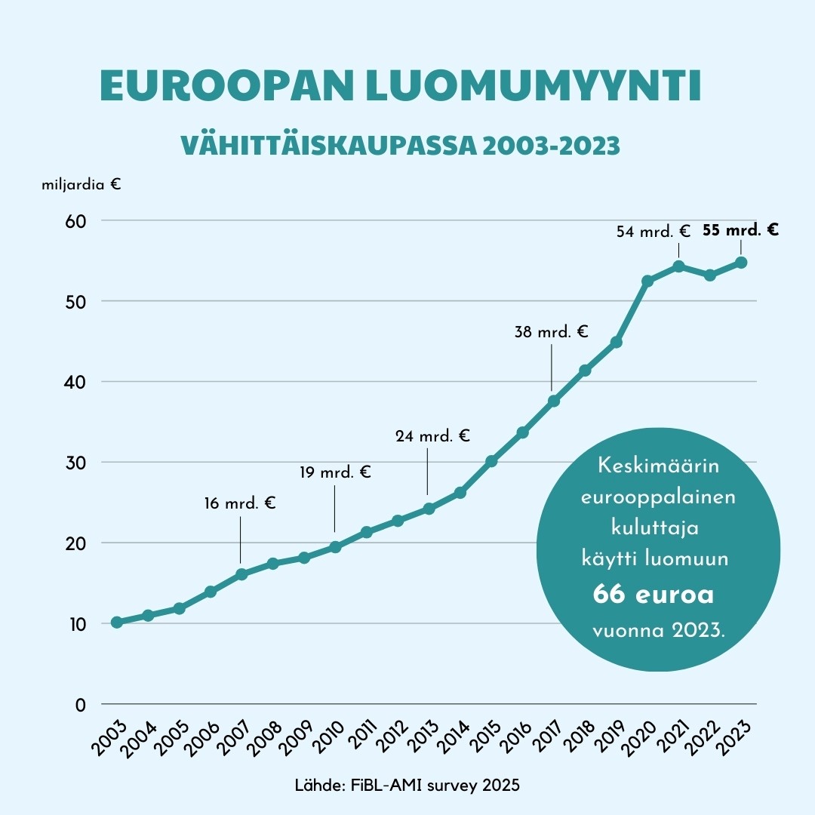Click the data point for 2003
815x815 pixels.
[116, 622]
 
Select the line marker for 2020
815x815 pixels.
[647, 281]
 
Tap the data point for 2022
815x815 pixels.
[710, 275]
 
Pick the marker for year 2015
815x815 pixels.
[491, 461]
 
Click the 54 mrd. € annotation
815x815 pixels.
[654, 232]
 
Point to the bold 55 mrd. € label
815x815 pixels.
[740, 230]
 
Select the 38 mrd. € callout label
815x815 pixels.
[551, 331]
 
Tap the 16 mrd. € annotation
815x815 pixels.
[240, 503]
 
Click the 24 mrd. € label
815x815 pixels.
[432, 435]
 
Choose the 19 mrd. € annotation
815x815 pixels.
[335, 473]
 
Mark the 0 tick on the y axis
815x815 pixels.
[81, 704]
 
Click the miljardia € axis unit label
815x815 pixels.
[81, 184]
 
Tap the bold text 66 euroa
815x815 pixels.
[654, 595]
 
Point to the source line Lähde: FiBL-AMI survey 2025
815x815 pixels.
[407, 786]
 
